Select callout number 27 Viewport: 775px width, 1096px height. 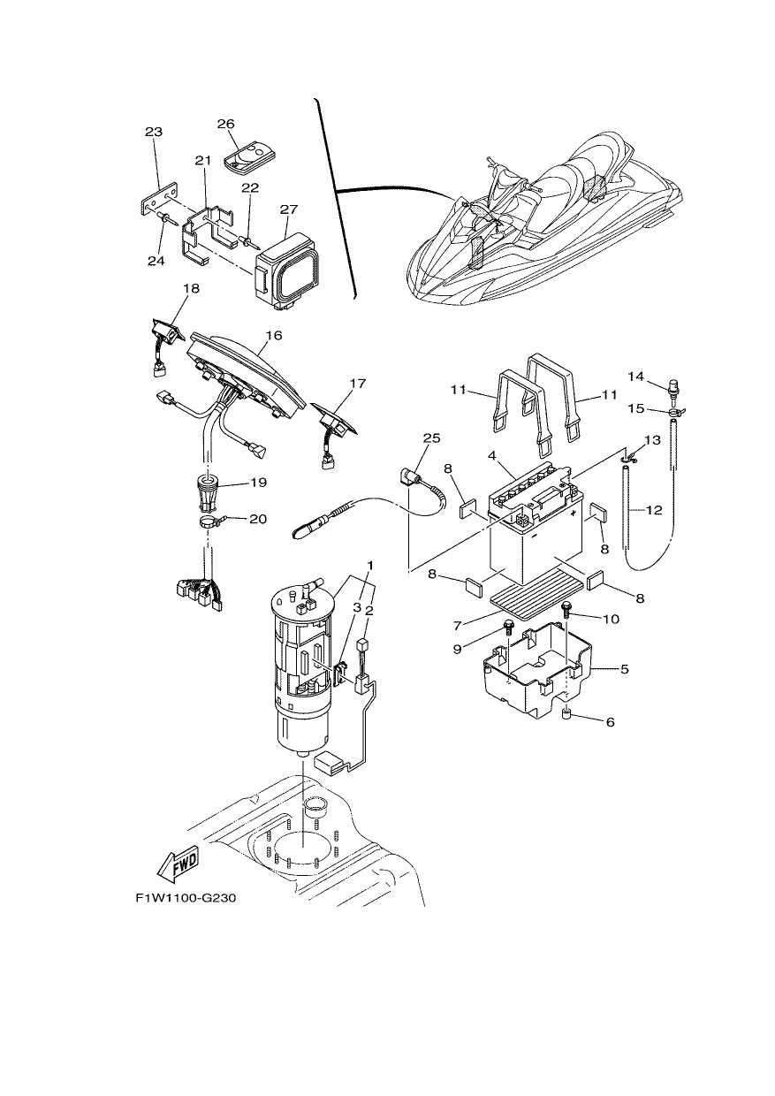pyautogui.click(x=289, y=209)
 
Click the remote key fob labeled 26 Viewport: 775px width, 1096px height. pyautogui.click(x=249, y=156)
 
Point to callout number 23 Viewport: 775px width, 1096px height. pyautogui.click(x=154, y=132)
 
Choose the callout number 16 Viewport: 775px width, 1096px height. pyautogui.click(x=274, y=335)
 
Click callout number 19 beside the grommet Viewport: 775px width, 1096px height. pyautogui.click(x=259, y=483)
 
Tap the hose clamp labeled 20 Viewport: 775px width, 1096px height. pyautogui.click(x=209, y=521)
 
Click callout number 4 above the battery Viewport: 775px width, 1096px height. pyautogui.click(x=492, y=455)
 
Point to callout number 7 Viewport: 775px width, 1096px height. pyautogui.click(x=458, y=625)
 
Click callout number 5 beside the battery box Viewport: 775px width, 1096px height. pyautogui.click(x=624, y=668)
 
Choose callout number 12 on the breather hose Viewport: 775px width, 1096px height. pyautogui.click(x=654, y=510)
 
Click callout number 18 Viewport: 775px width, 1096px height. pyautogui.click(x=191, y=288)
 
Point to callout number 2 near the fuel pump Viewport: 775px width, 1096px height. pyautogui.click(x=369, y=610)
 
